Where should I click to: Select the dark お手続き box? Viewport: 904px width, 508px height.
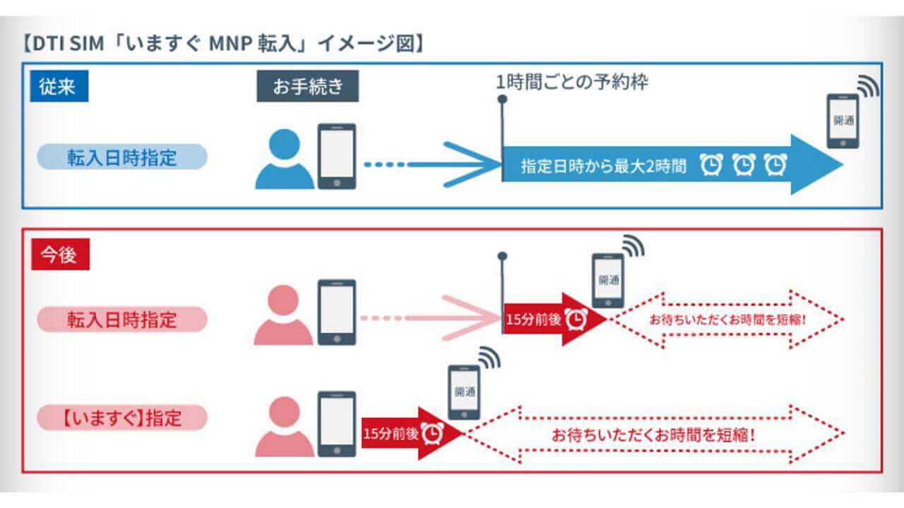point(307,87)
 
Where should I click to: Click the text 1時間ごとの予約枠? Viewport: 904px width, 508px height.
point(572,82)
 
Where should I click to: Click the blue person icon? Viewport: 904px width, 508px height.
point(284,159)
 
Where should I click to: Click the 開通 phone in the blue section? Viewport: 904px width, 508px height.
point(843,121)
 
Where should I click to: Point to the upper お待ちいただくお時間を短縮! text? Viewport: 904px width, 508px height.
point(727,319)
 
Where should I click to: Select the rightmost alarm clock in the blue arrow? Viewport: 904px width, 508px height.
point(776,166)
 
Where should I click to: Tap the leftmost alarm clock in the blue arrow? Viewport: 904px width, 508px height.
point(711,166)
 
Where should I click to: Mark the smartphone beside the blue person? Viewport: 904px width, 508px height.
point(336,157)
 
